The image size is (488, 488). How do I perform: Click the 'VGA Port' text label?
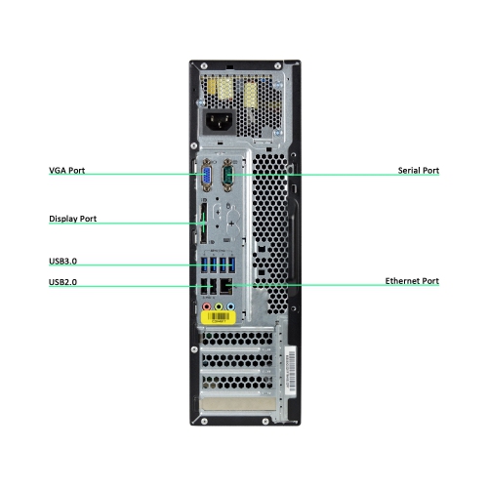(x=67, y=170)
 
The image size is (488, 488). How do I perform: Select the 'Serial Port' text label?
(x=418, y=170)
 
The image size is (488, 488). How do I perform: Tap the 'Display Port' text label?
(x=73, y=219)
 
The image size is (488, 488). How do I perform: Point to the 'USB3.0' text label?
(x=62, y=262)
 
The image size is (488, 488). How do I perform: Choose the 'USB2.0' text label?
(x=62, y=283)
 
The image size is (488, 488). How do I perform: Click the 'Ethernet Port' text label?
(x=412, y=281)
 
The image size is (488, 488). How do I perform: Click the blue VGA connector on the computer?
(x=208, y=177)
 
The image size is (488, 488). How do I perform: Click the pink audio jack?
(x=207, y=305)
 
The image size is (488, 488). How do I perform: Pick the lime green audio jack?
(x=219, y=305)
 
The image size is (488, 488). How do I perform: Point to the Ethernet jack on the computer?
(x=226, y=286)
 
